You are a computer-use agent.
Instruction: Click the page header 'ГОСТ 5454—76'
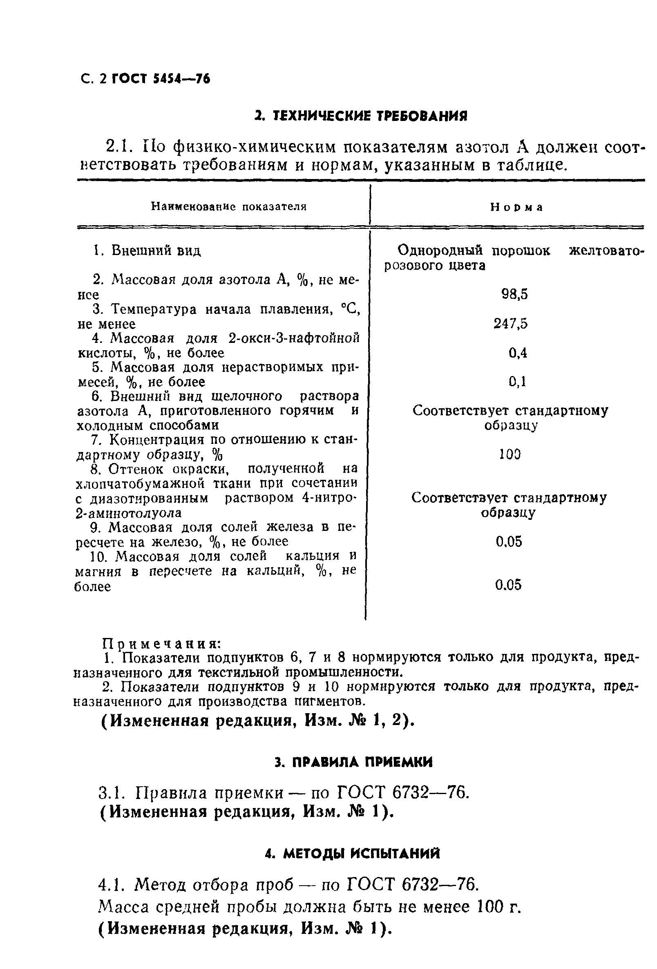(161, 79)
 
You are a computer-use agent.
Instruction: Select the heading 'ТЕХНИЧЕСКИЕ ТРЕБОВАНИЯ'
(361, 116)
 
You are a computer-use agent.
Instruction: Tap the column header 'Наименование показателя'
(229, 206)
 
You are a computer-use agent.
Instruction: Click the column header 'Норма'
(516, 207)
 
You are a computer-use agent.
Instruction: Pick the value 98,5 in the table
(514, 294)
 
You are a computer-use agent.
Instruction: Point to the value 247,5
(511, 324)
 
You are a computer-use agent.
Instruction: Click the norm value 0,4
(518, 353)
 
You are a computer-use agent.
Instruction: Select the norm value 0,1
(517, 382)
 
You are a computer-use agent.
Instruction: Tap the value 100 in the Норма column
(510, 454)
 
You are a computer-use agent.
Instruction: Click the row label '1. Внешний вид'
(146, 251)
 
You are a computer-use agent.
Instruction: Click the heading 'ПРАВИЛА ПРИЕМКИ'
(354, 762)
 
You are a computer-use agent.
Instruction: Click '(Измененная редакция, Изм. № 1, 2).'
(257, 721)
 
